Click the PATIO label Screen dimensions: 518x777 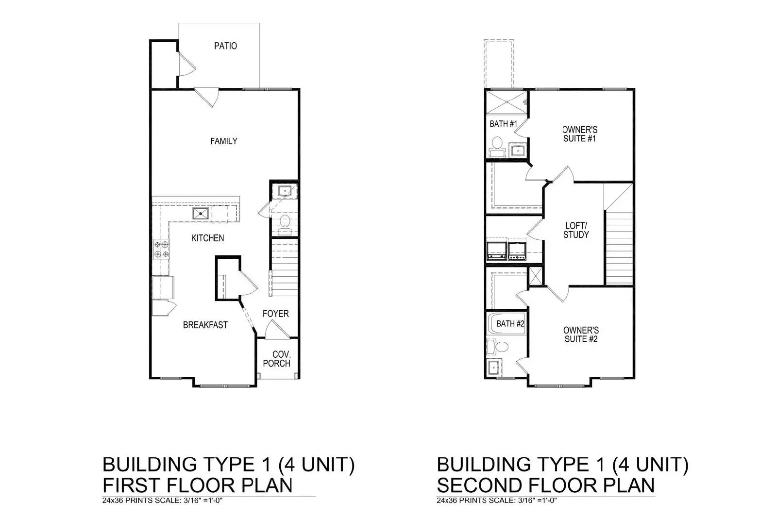(x=225, y=46)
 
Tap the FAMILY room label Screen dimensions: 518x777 (x=223, y=141)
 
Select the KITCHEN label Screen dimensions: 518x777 (x=207, y=238)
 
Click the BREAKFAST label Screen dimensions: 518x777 (x=205, y=325)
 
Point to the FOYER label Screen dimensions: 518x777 (x=275, y=314)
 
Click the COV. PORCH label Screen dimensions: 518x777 (x=277, y=359)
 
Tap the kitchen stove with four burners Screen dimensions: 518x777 (x=162, y=249)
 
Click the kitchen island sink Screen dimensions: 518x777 (x=200, y=213)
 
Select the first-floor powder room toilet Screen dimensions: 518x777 (x=285, y=222)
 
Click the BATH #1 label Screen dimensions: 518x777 (x=503, y=124)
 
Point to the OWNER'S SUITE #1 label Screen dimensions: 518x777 (x=579, y=134)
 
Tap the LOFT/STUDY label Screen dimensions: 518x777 (x=576, y=230)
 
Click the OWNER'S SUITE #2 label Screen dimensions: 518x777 (x=580, y=334)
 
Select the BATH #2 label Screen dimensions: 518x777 (x=510, y=324)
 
